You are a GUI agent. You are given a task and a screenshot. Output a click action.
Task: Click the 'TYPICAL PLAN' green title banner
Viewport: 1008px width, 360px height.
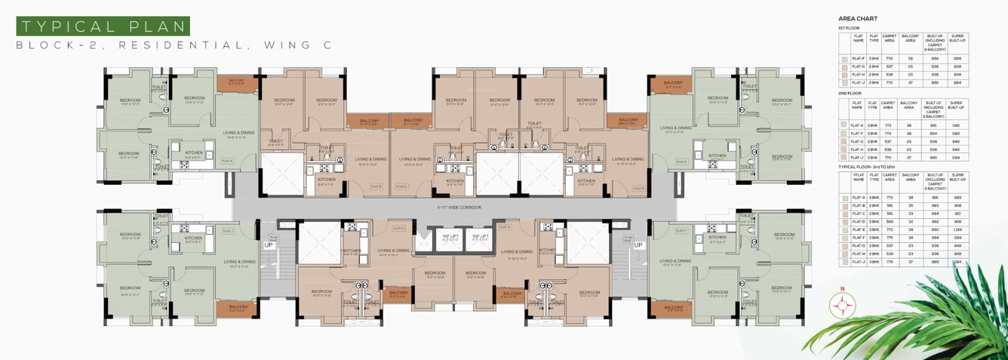point(103,26)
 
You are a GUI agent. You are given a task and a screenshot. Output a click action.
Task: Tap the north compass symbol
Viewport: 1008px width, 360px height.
point(842,304)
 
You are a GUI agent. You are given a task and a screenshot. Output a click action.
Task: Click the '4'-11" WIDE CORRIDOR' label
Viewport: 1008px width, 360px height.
point(458,207)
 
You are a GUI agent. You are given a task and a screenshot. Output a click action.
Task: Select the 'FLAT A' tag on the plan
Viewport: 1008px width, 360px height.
point(227,161)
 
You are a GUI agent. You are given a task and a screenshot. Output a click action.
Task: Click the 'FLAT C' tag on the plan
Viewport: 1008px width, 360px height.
point(401,186)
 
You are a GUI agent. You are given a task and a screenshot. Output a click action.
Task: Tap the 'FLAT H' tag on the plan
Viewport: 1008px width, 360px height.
point(399,228)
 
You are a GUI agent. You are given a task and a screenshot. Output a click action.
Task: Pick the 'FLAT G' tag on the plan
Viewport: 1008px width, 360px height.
point(504,226)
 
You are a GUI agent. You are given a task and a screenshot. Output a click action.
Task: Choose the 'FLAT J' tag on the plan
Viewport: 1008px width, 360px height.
point(227,231)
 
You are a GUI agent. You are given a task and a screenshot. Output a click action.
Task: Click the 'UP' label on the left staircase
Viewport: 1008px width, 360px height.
point(268,245)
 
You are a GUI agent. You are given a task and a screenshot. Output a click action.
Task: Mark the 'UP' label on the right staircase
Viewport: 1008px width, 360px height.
point(638,245)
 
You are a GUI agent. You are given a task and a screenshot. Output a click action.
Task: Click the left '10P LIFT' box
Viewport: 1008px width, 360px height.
point(446,238)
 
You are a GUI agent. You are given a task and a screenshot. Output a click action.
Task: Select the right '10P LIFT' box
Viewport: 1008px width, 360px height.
point(480,238)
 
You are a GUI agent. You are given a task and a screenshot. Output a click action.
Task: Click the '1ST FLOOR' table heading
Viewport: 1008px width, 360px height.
point(850,27)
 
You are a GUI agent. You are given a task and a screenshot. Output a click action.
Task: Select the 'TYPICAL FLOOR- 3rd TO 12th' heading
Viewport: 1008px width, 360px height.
point(877,166)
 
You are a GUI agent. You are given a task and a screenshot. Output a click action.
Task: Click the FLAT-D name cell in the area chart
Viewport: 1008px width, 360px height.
point(857,222)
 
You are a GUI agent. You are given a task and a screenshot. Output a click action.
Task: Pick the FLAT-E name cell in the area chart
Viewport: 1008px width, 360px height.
point(857,229)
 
